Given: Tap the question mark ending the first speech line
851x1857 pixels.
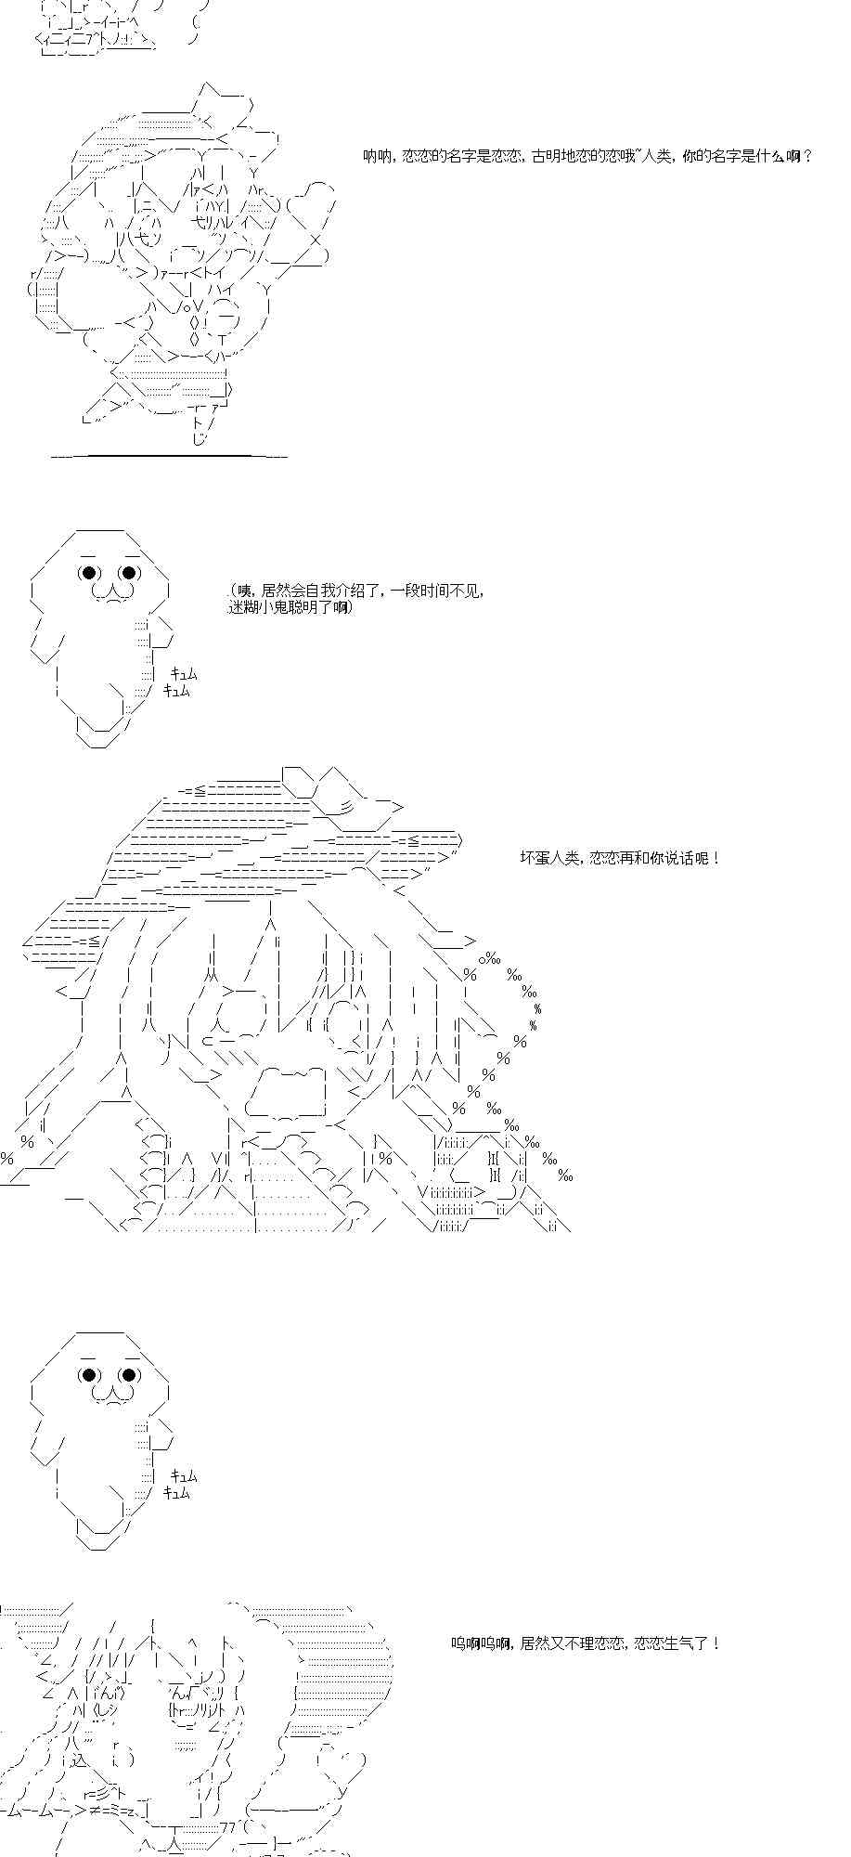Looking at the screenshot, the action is pyautogui.click(x=809, y=157).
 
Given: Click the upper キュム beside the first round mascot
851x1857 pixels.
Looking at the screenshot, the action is pyautogui.click(x=184, y=675).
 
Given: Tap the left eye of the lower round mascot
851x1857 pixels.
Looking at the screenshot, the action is pyautogui.click(x=91, y=1375).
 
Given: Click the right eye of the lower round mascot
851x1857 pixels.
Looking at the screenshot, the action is pyautogui.click(x=129, y=1375).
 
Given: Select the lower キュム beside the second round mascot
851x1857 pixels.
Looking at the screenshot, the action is pyautogui.click(x=176, y=1493).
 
